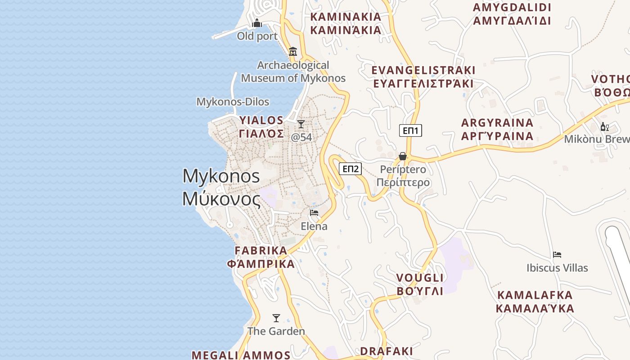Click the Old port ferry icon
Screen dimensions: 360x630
pos(257,23)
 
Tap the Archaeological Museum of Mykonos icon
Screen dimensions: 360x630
pos(293,52)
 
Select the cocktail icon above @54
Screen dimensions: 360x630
pos(301,124)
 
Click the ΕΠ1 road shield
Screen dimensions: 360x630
pos(410,131)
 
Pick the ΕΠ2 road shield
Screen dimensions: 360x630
pos(351,169)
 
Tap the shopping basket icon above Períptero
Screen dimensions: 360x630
pos(403,156)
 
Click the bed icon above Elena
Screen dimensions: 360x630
pos(314,213)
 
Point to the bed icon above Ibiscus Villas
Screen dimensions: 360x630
pos(557,255)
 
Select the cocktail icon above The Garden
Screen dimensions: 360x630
pos(276,318)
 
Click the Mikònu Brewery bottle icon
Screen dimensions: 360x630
pos(604,126)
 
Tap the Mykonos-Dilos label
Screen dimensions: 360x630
pos(233,102)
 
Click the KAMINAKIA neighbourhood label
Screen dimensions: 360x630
pos(346,23)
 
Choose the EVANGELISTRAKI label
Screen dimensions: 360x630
pos(423,77)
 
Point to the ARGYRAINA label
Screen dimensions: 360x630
pos(497,129)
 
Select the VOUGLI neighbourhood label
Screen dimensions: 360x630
pos(420,284)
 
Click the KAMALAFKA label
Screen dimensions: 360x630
pos(535,301)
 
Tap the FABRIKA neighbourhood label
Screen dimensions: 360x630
pos(261,257)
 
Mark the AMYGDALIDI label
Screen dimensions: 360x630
pos(512,14)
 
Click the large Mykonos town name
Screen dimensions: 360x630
pos(221,187)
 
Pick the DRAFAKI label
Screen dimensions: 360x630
pos(387,351)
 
